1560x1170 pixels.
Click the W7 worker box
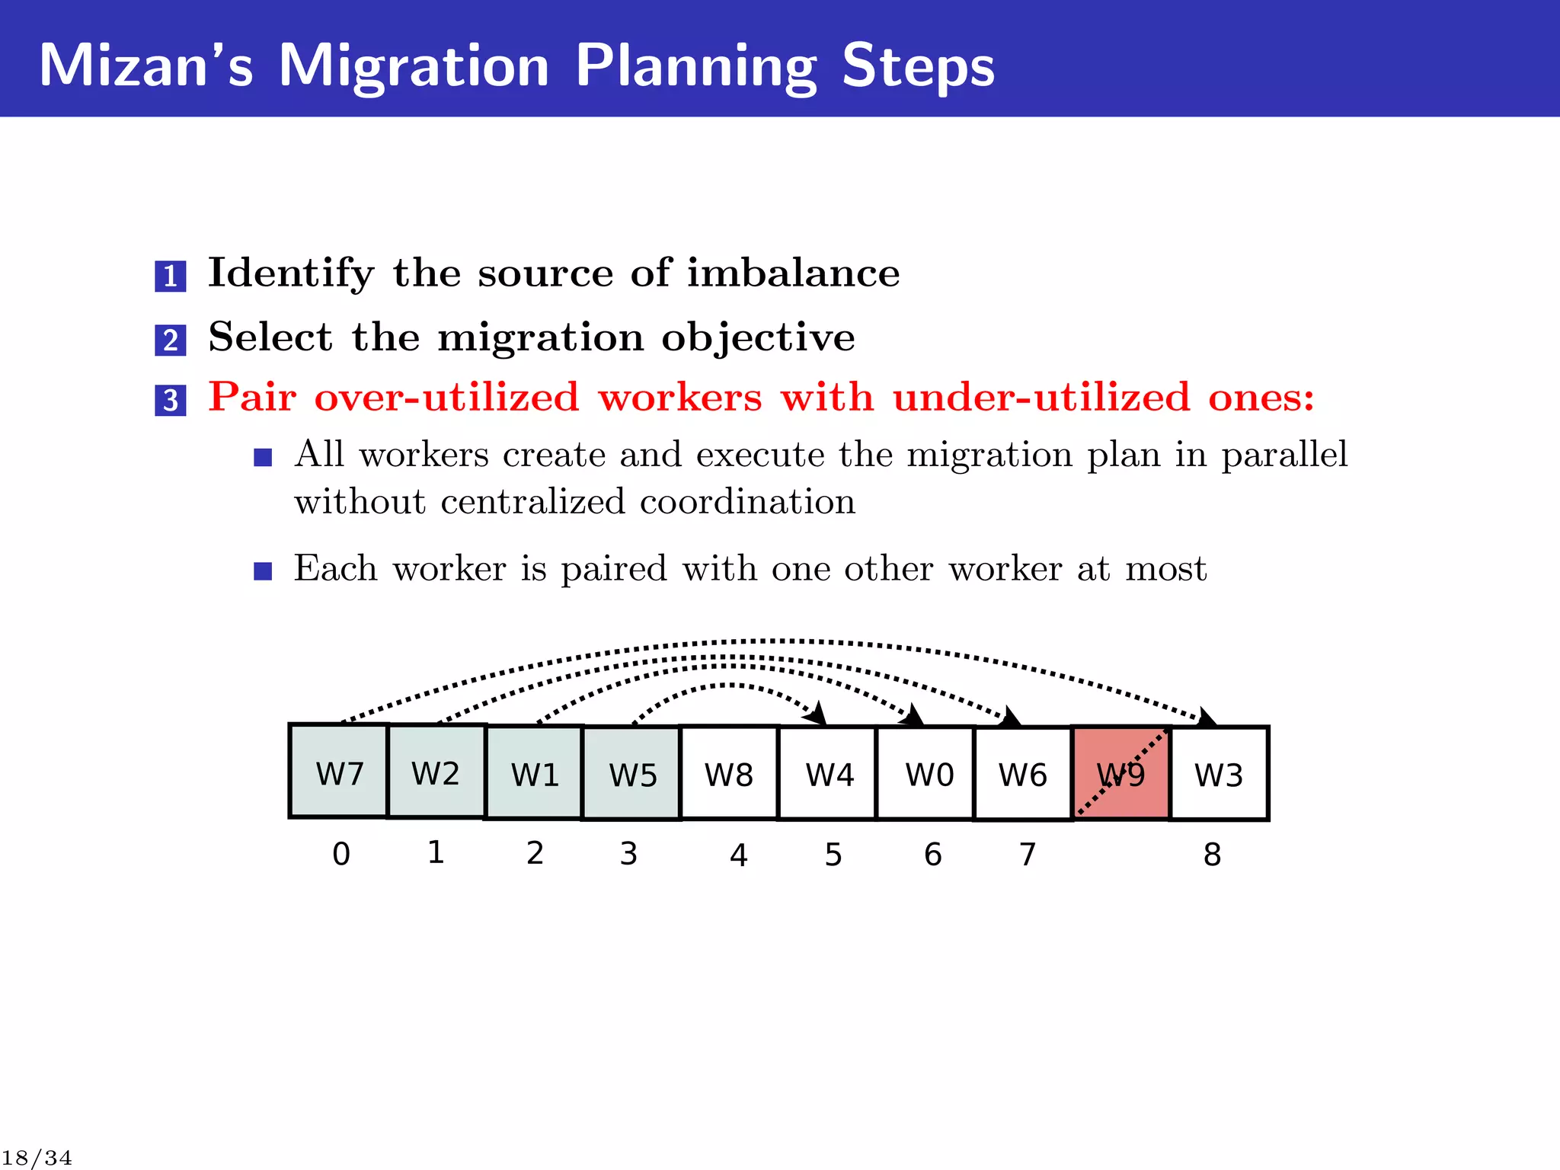click(339, 771)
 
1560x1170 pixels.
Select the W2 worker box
click(436, 772)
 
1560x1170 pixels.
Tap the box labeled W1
click(534, 773)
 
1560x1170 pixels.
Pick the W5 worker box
click(631, 774)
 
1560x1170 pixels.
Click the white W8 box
click(729, 773)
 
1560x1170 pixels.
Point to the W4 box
click(828, 774)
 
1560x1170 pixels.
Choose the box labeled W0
click(926, 774)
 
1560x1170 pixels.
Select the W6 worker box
click(1023, 774)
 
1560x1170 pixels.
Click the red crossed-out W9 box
click(1121, 773)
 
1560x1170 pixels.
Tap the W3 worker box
click(1219, 774)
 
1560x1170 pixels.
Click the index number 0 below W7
click(341, 854)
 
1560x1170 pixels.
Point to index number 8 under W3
click(1212, 855)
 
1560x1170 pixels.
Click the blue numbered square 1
click(171, 276)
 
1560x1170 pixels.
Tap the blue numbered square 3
click(171, 400)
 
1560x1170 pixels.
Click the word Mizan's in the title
click(145, 66)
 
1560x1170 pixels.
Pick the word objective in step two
click(758, 337)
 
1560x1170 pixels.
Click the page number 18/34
click(37, 1158)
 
